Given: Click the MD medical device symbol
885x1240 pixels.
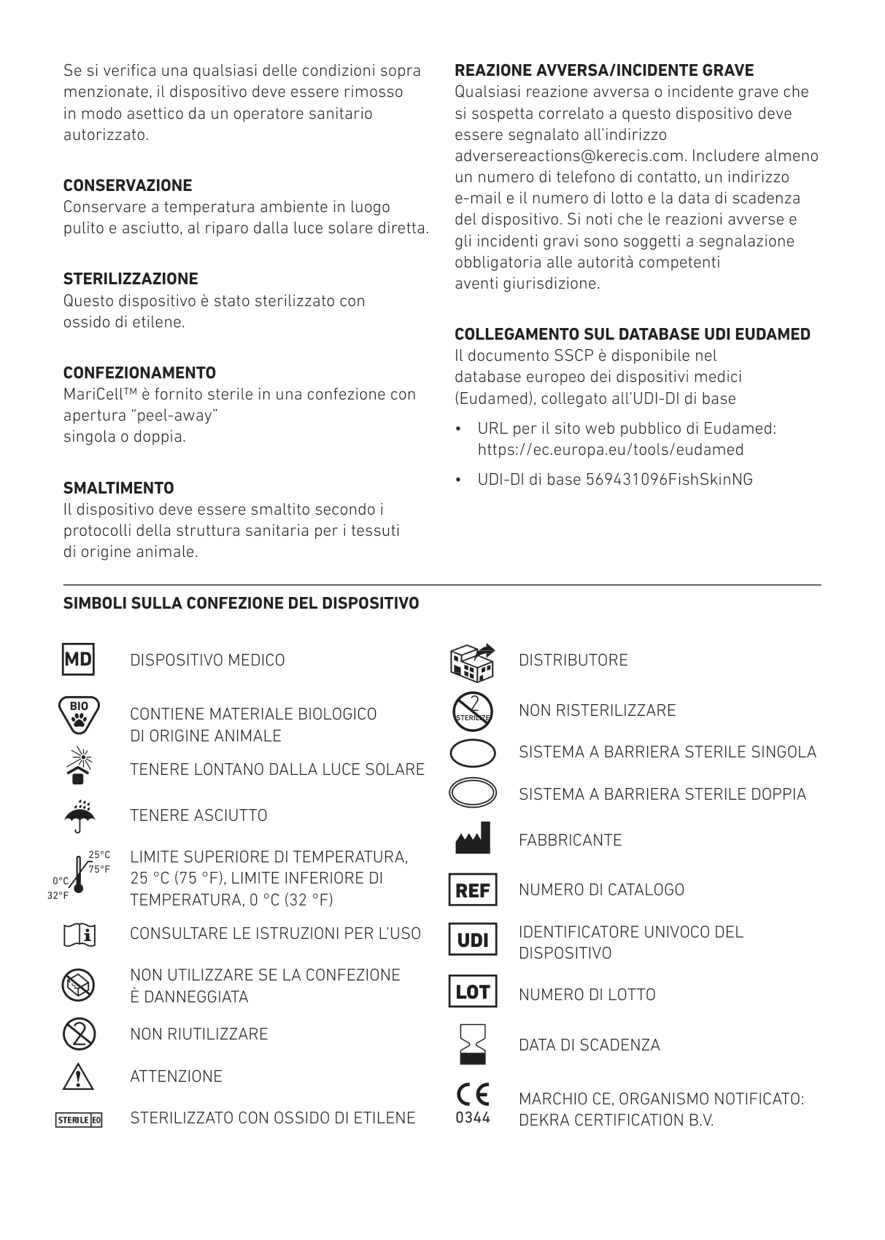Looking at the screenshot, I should coord(78,660).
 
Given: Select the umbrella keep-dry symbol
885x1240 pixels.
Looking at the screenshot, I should coord(79,816).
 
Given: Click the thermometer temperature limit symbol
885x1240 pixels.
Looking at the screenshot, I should coord(80,874).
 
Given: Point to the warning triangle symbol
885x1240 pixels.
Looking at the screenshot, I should coord(79,1077).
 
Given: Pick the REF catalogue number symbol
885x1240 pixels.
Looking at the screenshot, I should coord(473,890).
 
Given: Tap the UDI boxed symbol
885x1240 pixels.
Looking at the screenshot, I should coord(473,940).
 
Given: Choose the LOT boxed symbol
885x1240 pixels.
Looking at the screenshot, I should coord(473,992).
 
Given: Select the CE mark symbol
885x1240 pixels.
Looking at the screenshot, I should coord(473,1095).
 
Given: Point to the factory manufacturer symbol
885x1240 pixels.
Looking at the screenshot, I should coord(473,838).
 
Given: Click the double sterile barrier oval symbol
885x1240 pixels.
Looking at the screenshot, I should coord(473,793).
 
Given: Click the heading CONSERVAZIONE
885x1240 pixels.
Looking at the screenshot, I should coord(128,185).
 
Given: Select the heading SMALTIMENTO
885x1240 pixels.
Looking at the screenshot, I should coord(118,488).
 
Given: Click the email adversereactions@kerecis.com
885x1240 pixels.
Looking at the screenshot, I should coord(568,156).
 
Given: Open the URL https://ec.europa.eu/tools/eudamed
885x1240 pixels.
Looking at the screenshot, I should coord(611,450).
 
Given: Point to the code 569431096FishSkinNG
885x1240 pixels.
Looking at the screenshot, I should coord(669,480).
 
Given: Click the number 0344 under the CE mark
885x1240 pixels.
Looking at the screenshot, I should coord(473,1118).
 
